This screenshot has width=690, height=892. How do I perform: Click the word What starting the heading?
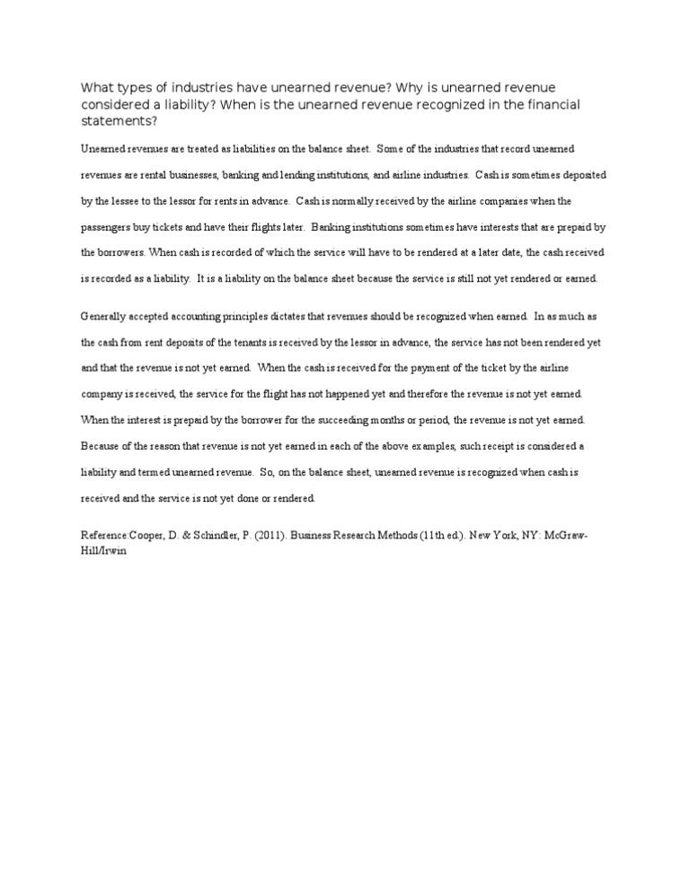[98, 87]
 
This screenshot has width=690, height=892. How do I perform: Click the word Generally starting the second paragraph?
[106, 316]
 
